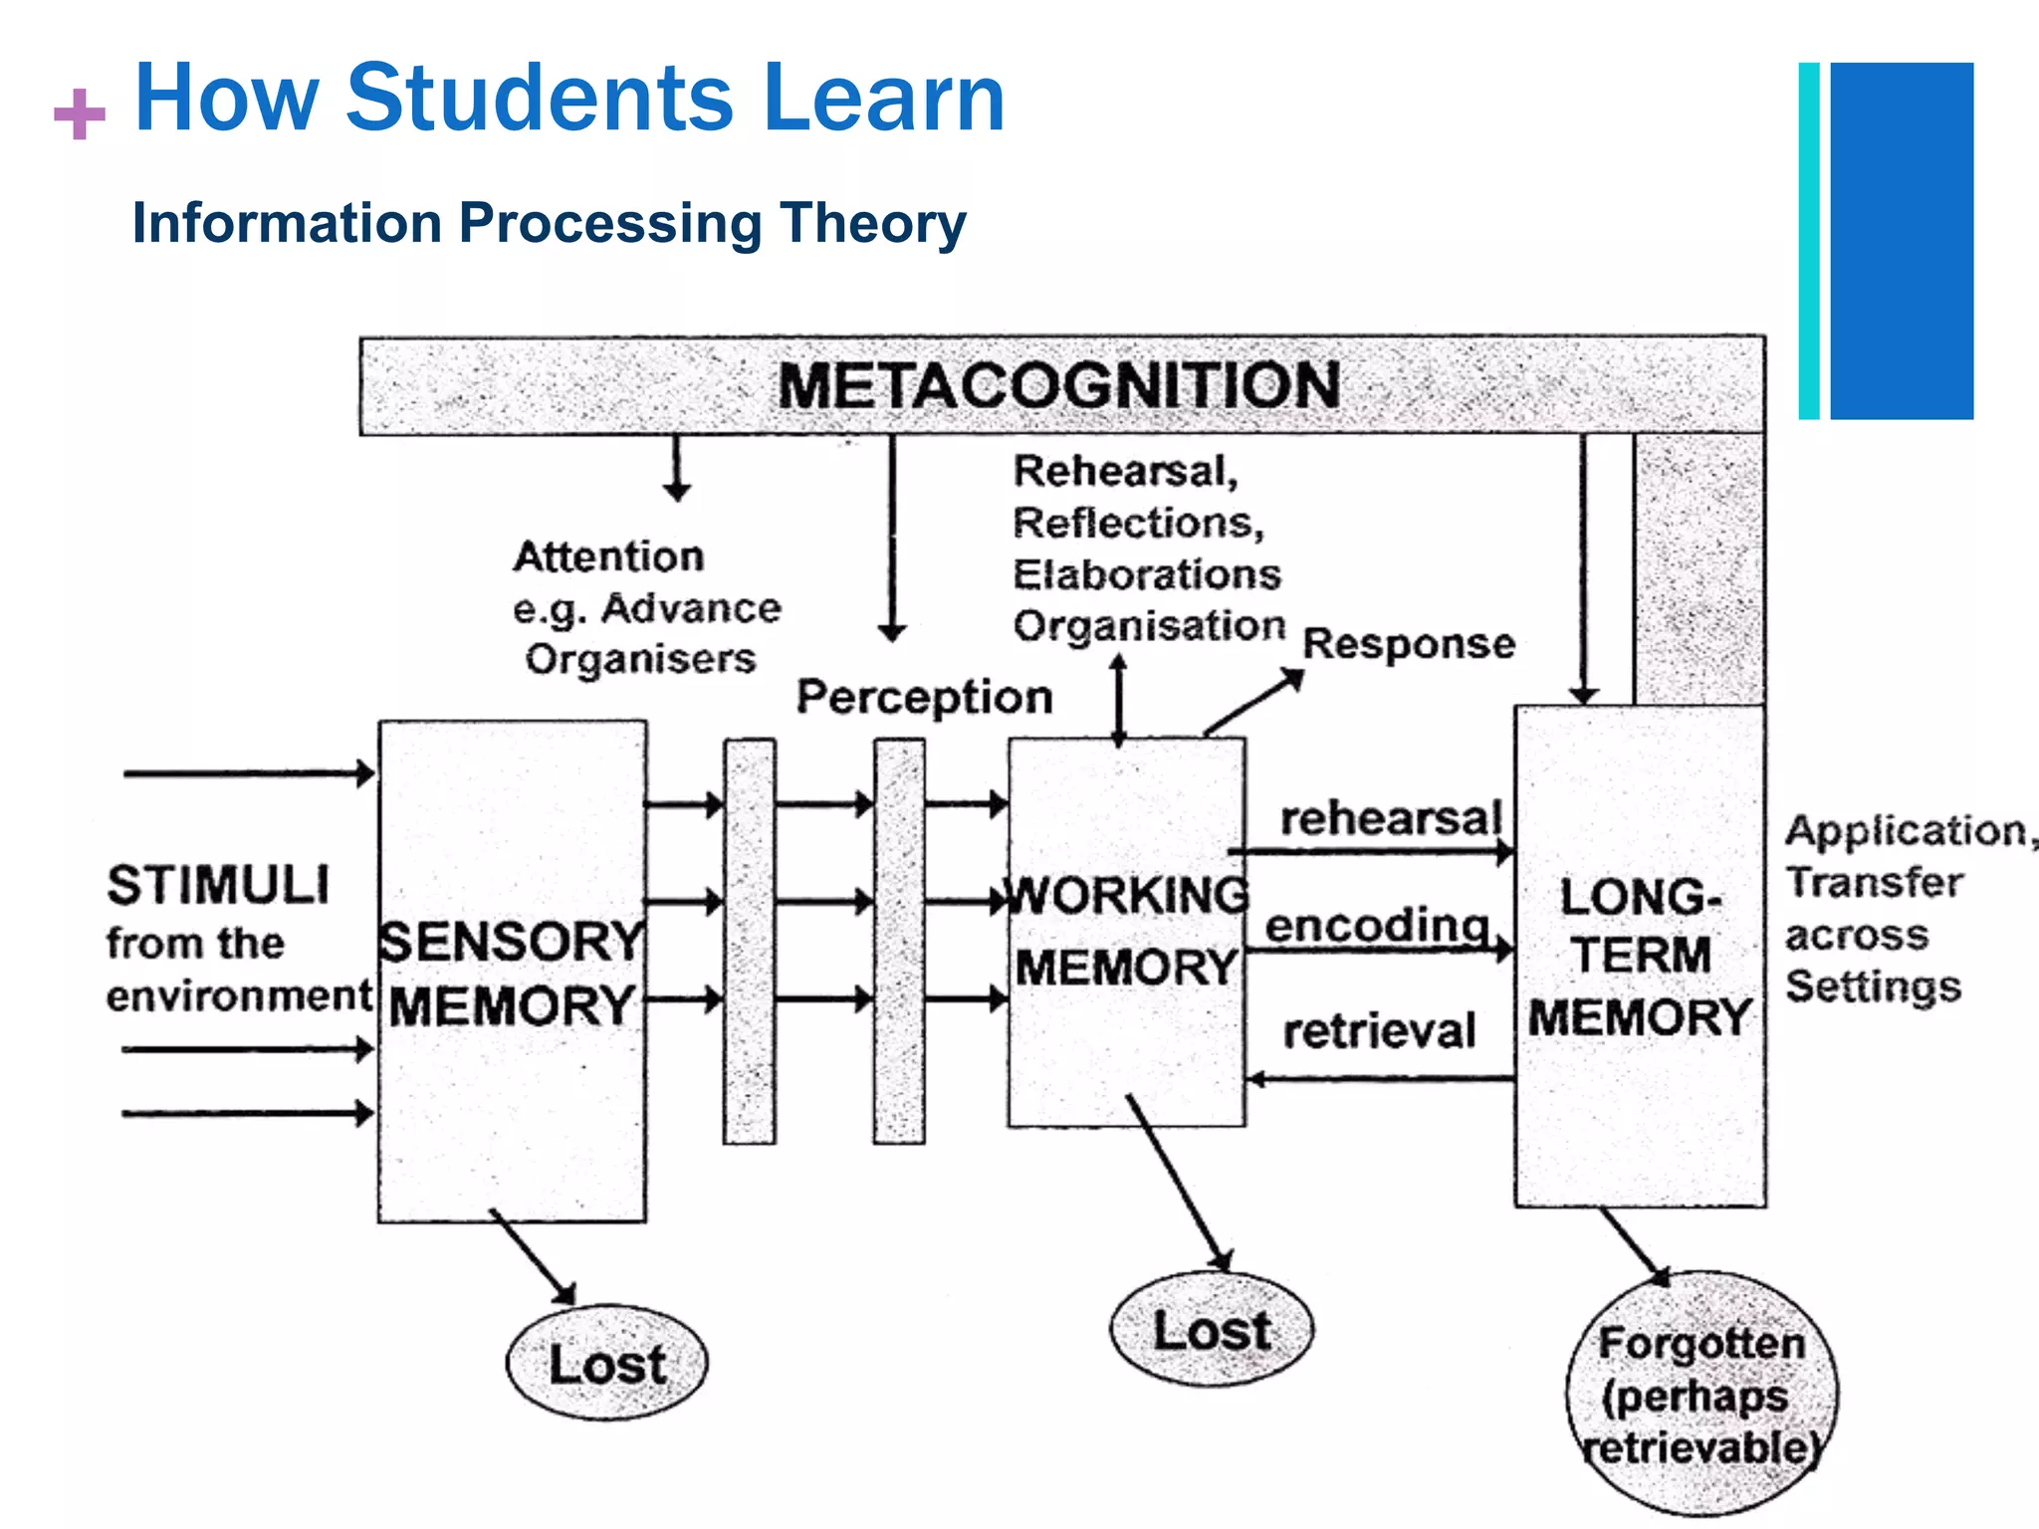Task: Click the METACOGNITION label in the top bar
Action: tap(1058, 385)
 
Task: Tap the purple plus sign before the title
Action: tap(80, 113)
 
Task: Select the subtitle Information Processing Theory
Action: tap(549, 222)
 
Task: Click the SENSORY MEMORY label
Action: tap(512, 974)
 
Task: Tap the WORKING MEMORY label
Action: tap(1126, 931)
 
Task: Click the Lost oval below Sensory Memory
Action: tap(606, 1363)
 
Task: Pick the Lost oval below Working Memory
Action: tap(1212, 1330)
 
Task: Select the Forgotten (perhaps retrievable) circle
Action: tap(1701, 1395)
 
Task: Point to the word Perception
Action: tap(924, 697)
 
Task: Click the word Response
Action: tap(1409, 643)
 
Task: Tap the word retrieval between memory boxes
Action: tap(1379, 1031)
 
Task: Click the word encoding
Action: tap(1377, 925)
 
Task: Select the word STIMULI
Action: tap(218, 885)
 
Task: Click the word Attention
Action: tap(608, 556)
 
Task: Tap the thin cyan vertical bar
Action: tap(1809, 241)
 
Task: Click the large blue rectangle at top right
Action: tap(1902, 241)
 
